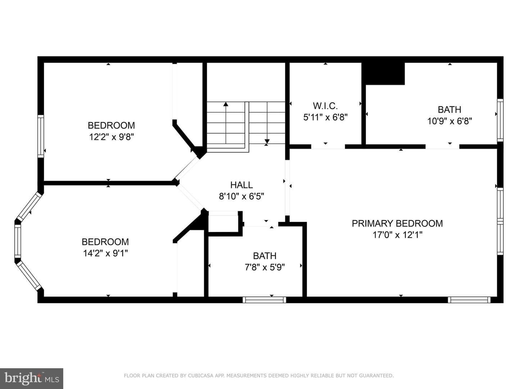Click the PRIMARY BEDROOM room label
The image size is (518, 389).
[397, 223]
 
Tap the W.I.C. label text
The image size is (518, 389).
[325, 106]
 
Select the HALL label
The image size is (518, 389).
[241, 185]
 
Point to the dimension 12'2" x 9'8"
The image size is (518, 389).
[112, 137]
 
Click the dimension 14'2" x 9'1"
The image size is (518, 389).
[105, 254]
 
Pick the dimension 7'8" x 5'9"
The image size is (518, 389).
[264, 267]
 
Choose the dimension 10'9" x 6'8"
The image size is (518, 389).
[450, 121]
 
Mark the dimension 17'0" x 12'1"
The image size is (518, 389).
[397, 235]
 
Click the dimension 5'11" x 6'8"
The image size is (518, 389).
[326, 117]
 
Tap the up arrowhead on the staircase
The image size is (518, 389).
[226, 104]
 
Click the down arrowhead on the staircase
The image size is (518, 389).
[267, 141]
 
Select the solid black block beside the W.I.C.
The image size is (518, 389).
[383, 73]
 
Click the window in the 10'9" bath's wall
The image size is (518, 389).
[500, 120]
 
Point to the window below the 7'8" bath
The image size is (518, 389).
[264, 300]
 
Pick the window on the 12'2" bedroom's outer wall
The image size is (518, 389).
[41, 136]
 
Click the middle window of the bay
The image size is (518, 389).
[18, 241]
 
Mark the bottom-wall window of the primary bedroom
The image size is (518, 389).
[469, 300]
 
